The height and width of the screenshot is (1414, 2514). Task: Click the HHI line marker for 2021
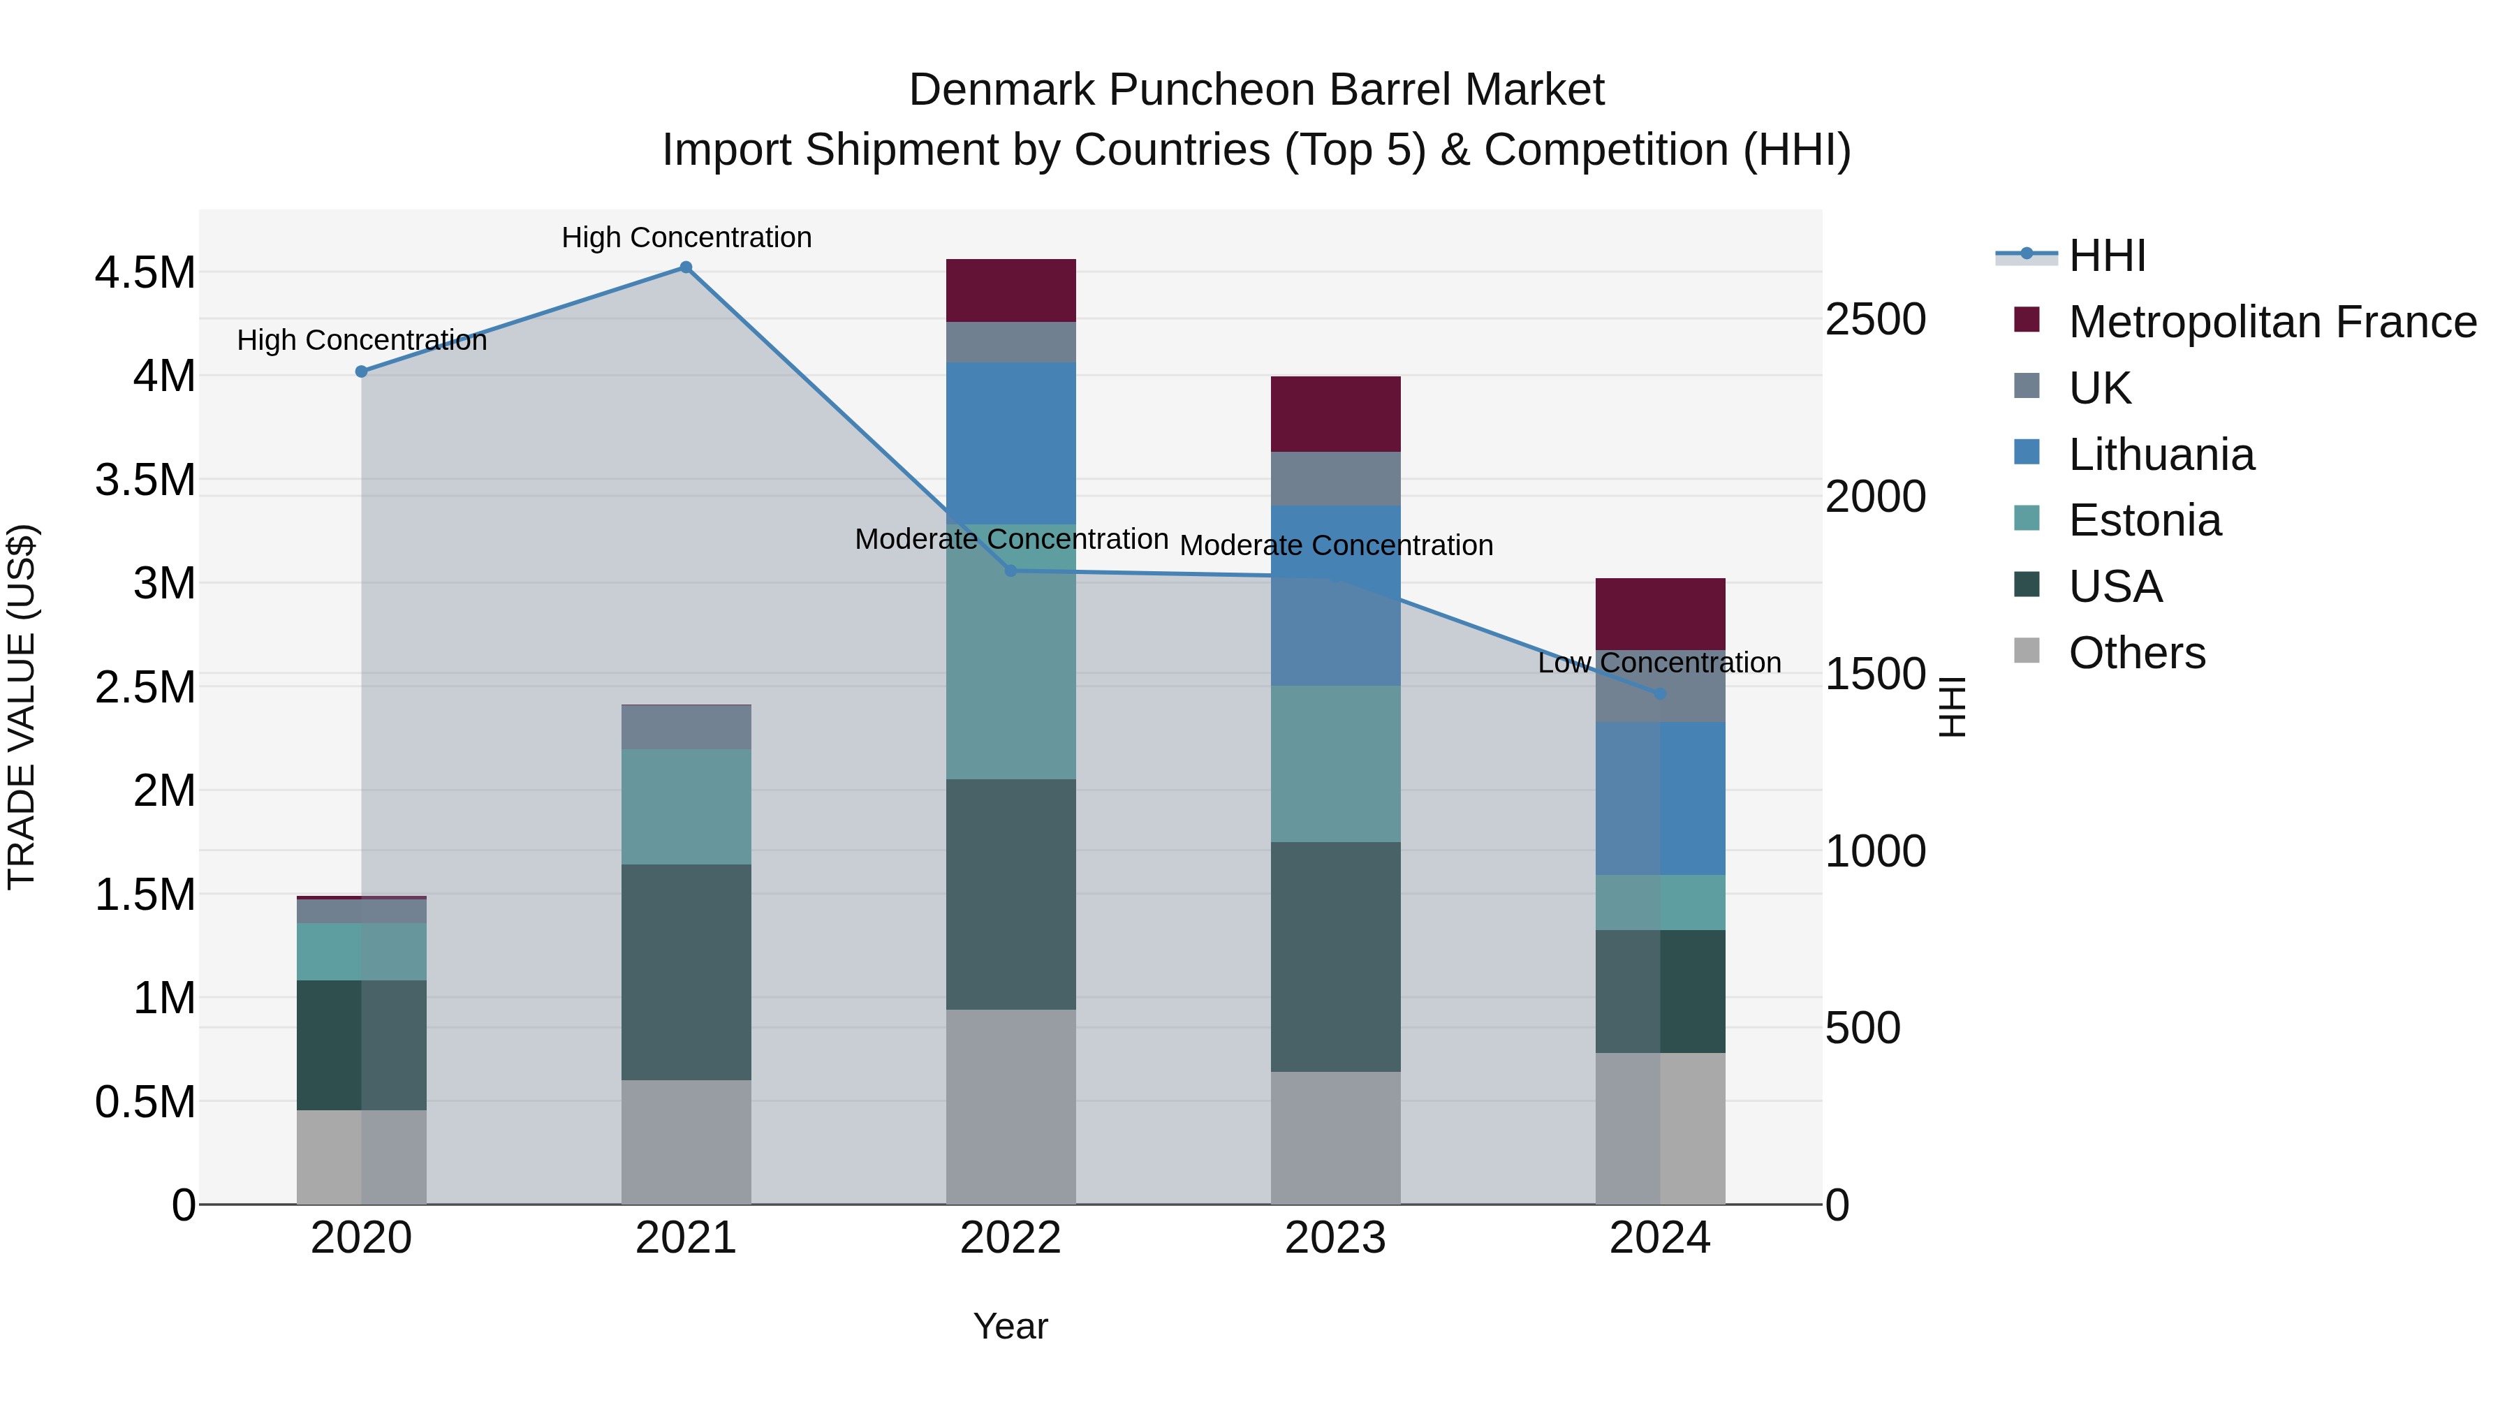[x=686, y=267]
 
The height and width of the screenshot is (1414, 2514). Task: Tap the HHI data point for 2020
[x=361, y=371]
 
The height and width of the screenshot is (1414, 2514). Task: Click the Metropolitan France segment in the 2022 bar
[x=1011, y=290]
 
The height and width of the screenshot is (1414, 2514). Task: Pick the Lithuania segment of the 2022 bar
[x=1011, y=444]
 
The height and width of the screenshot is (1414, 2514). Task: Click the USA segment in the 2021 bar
[x=686, y=972]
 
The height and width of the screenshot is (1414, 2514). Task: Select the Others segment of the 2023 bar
[x=1335, y=1138]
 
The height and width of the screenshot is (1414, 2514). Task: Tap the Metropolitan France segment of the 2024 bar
[x=1660, y=614]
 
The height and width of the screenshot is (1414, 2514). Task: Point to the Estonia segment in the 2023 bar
[x=1335, y=764]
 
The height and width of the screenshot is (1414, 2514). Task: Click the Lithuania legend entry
[x=2161, y=455]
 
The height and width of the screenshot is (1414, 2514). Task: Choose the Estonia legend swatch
[x=2027, y=519]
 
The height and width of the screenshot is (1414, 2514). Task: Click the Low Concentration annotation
[x=1659, y=663]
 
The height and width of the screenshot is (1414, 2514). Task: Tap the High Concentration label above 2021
[x=686, y=238]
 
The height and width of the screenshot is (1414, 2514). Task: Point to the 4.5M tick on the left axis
[x=145, y=273]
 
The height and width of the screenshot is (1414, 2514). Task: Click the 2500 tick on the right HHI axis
[x=1876, y=320]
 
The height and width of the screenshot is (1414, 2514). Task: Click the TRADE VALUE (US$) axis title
[x=22, y=707]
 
